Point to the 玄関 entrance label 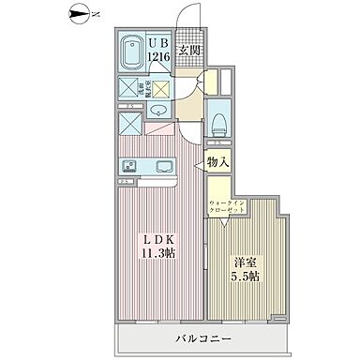click(x=190, y=50)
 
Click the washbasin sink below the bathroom click(x=157, y=112)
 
